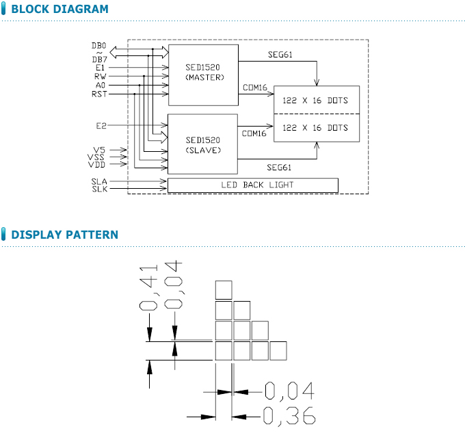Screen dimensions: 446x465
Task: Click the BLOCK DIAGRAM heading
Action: [x=59, y=10]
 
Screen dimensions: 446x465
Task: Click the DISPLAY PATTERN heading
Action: [x=64, y=235]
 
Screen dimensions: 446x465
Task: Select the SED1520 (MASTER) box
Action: [x=203, y=74]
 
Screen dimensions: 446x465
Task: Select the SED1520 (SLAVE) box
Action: [x=203, y=144]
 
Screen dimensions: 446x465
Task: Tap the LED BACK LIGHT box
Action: [x=252, y=185]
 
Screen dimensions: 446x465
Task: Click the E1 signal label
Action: [x=101, y=68]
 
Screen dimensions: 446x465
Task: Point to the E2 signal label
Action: [x=101, y=126]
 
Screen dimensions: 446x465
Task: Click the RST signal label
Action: [x=99, y=93]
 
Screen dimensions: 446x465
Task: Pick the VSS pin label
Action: [x=96, y=157]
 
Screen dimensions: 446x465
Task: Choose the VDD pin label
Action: [x=96, y=164]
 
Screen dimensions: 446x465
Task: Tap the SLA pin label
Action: [x=98, y=181]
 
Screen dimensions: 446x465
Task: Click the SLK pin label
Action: [x=98, y=189]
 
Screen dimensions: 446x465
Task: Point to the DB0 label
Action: [x=99, y=46]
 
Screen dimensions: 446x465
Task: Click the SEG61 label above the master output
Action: [x=280, y=55]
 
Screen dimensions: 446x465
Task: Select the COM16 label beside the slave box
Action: [x=254, y=133]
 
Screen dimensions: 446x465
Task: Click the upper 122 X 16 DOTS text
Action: [x=315, y=101]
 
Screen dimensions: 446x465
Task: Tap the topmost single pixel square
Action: [x=224, y=290]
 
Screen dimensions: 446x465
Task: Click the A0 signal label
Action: [x=101, y=85]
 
